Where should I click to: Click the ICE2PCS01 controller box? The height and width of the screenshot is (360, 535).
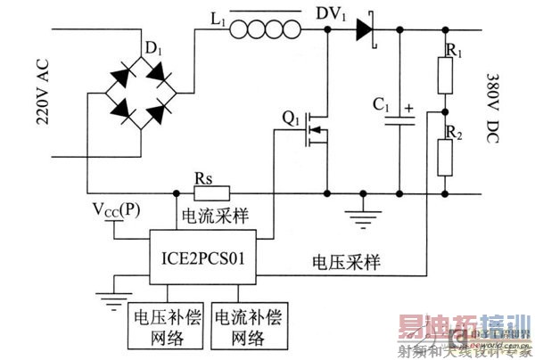pos(202,260)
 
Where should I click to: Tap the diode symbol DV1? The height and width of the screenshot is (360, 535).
pos(365,31)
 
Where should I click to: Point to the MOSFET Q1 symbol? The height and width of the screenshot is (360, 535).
pos(314,127)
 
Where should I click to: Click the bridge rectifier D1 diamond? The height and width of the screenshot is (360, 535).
pos(135,100)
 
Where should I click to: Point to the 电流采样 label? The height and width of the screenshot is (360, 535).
pos(214,216)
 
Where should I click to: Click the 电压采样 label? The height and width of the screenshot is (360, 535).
pos(343,262)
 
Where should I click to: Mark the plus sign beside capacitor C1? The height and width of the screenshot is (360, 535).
pos(409,110)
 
